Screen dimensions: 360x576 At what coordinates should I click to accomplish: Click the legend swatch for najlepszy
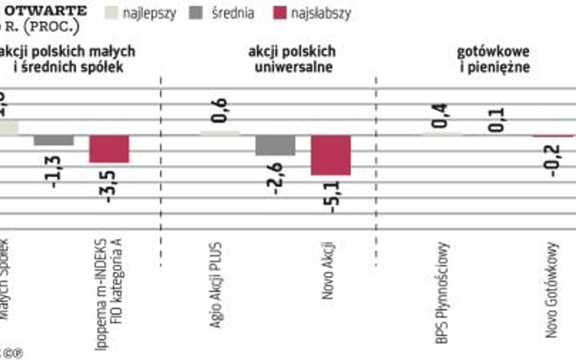point(112,13)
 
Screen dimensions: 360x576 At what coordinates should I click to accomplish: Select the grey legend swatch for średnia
point(196,13)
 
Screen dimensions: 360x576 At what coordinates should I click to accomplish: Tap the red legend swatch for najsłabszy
point(279,13)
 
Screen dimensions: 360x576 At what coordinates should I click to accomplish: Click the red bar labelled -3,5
point(109,149)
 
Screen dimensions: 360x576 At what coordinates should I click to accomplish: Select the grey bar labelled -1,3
point(53,140)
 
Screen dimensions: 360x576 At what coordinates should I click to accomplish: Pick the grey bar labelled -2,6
point(275,145)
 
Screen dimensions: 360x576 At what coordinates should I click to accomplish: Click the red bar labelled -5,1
point(331,155)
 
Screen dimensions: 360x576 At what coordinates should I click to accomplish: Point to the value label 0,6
point(220,111)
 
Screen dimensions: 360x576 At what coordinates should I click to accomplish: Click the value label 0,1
point(497,120)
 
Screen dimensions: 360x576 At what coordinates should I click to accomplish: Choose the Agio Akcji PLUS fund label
point(216,285)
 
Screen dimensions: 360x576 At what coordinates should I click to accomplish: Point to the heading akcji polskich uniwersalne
point(291,59)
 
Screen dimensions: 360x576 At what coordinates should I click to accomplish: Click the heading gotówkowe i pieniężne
point(493,59)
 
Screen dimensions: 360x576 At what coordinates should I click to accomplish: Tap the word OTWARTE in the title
point(46,11)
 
